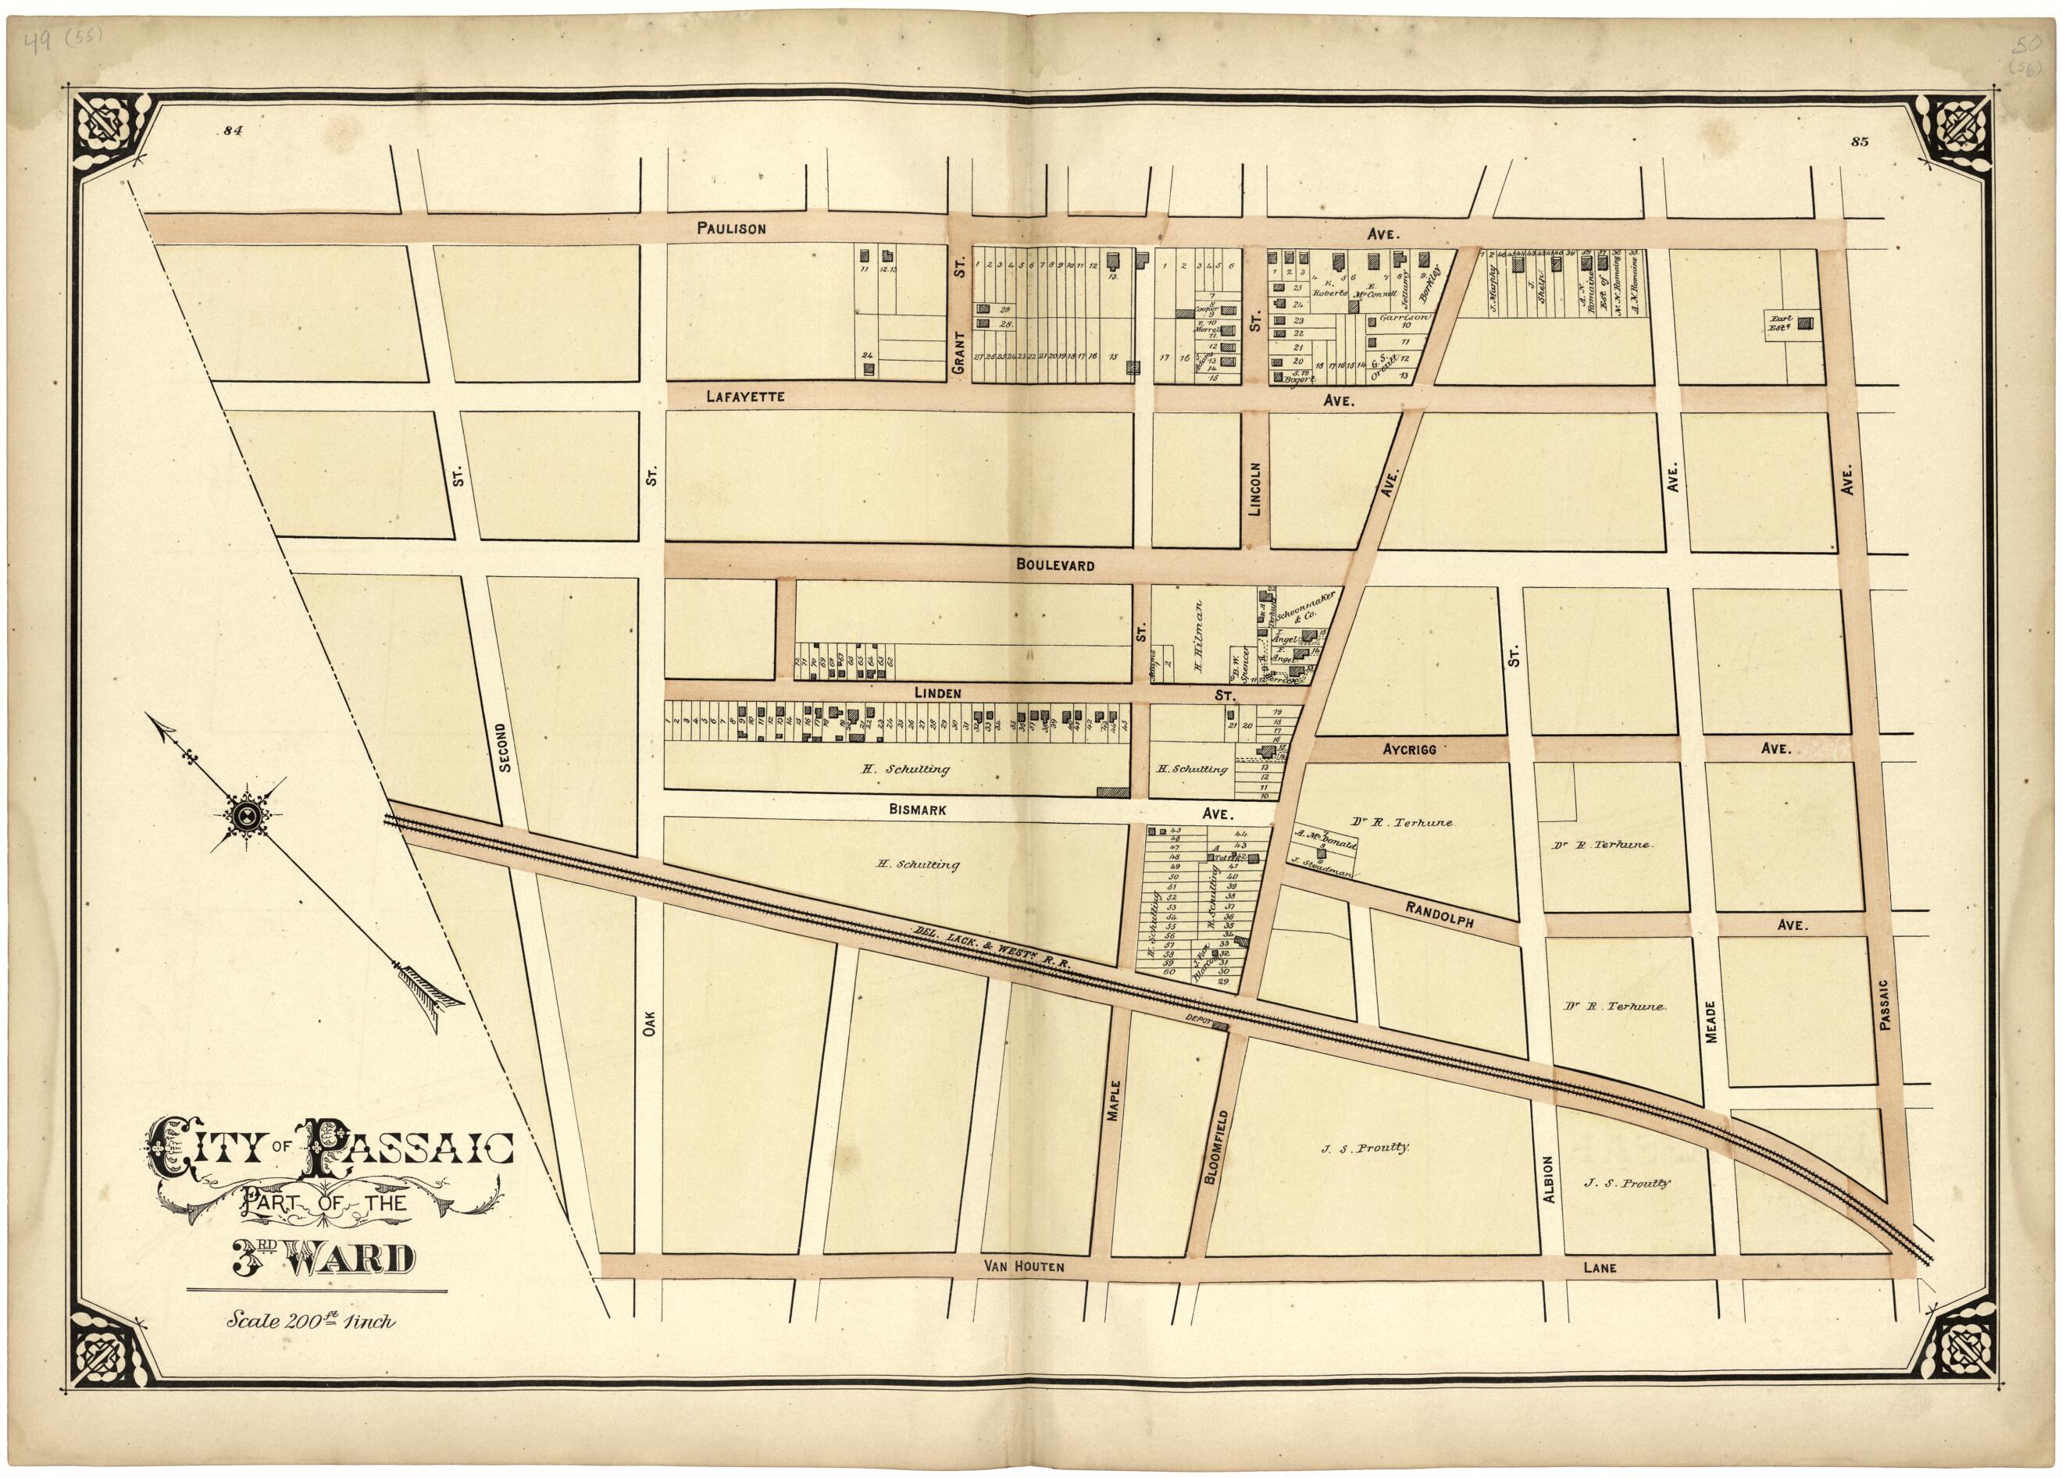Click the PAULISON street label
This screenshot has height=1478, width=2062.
coord(731,229)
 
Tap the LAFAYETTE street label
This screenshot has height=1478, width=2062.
coord(744,397)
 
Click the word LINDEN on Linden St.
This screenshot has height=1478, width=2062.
coord(937,693)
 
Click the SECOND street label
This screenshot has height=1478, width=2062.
coord(505,747)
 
